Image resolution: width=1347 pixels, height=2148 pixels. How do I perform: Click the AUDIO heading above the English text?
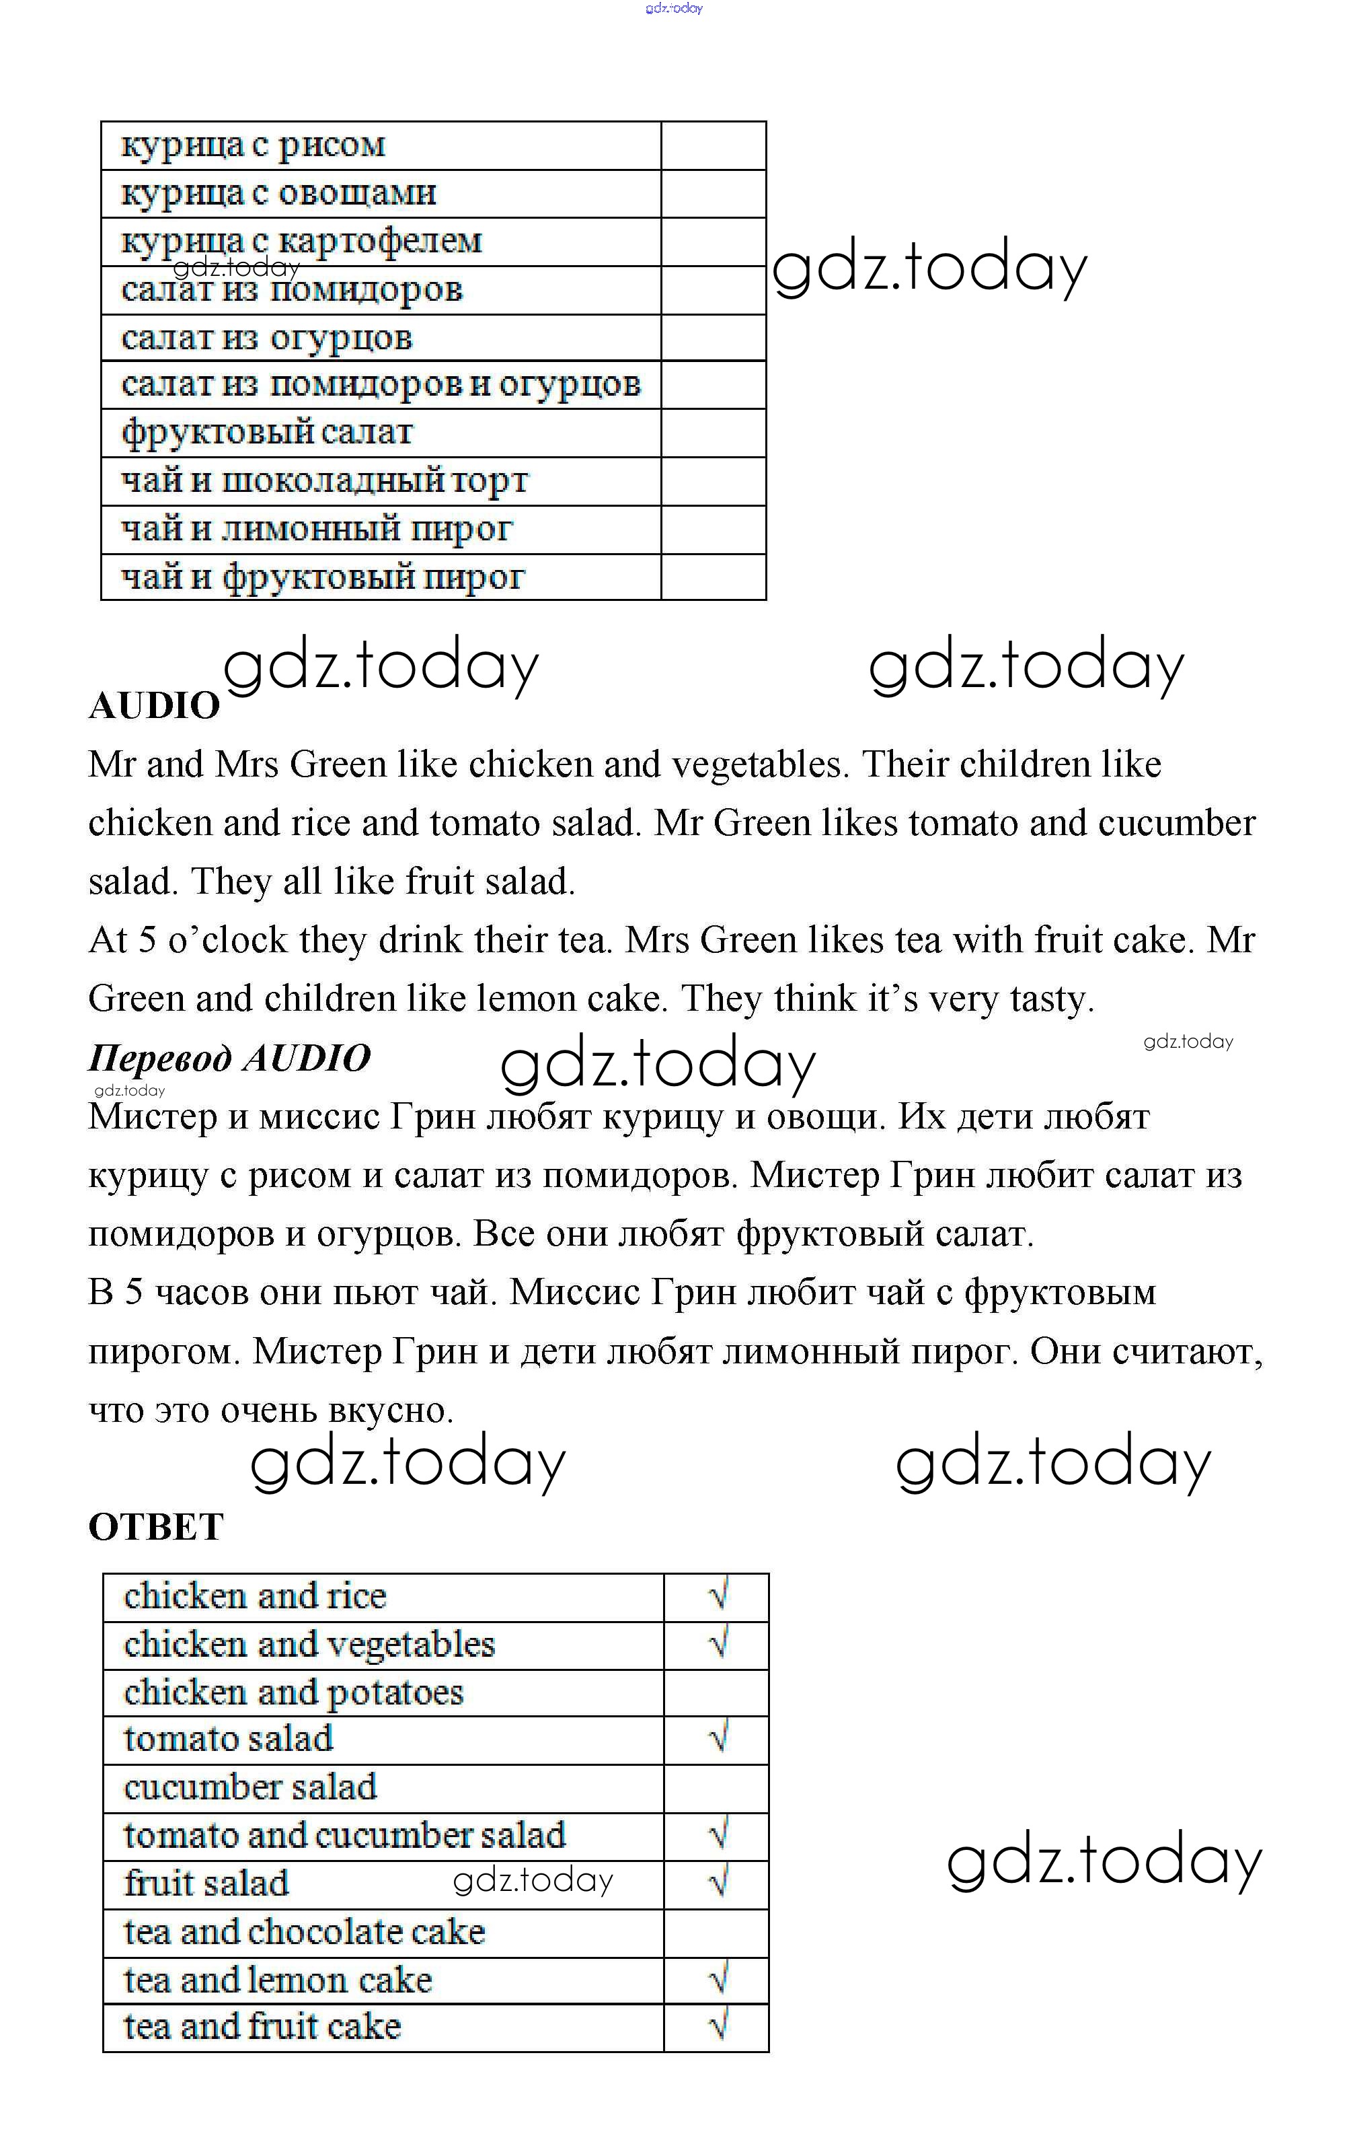[154, 706]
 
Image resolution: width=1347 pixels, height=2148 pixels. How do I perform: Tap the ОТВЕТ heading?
[156, 1528]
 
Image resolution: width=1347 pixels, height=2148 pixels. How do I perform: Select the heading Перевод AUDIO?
[229, 1058]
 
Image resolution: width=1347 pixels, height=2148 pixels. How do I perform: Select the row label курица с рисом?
[253, 145]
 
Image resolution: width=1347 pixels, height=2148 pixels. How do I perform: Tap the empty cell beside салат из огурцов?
[713, 338]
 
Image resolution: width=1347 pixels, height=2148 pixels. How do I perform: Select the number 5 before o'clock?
[147, 940]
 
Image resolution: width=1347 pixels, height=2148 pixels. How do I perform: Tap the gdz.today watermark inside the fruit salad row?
[533, 1880]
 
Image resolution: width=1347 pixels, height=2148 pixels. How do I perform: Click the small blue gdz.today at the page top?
[674, 8]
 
